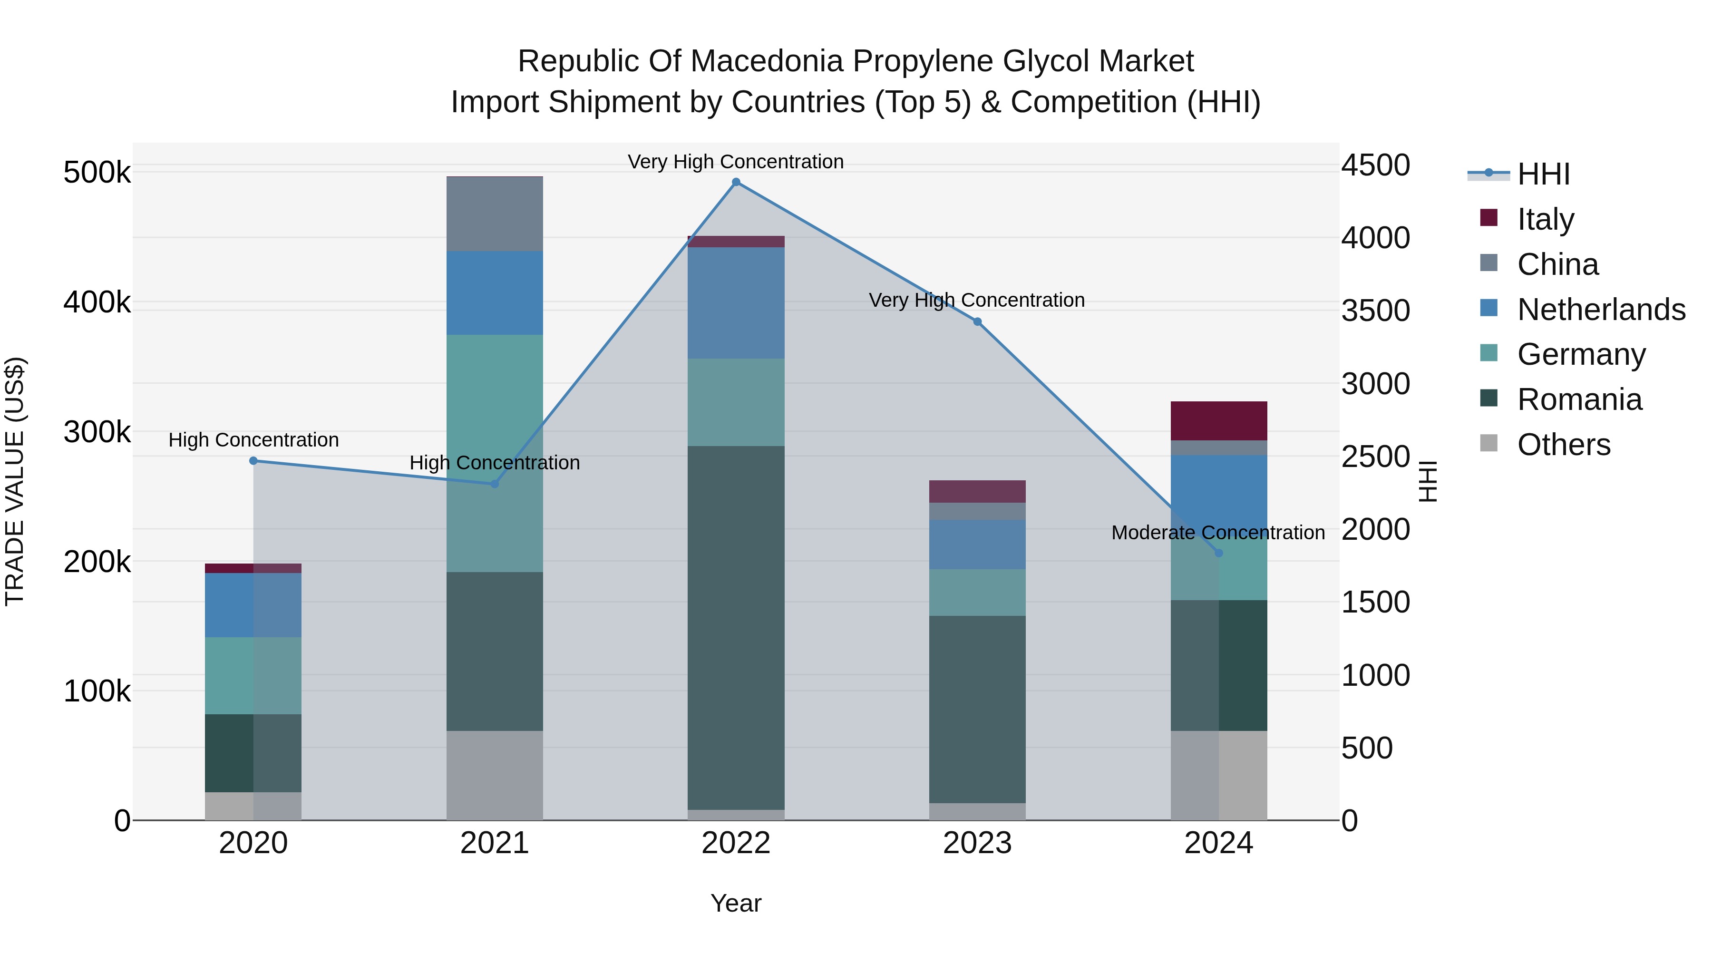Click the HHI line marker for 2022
(x=736, y=182)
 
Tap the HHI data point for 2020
(x=253, y=460)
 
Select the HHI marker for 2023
(x=977, y=321)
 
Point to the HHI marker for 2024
(x=1218, y=553)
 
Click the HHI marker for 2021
(x=495, y=484)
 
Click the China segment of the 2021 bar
(x=495, y=214)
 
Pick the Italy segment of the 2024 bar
(x=1218, y=421)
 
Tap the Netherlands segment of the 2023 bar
(x=977, y=545)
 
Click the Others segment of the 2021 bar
(x=495, y=775)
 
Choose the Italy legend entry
(x=1545, y=219)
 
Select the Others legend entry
(x=1563, y=445)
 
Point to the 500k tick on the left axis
(x=97, y=173)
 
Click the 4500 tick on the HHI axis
(x=1375, y=165)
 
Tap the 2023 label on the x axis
(x=977, y=843)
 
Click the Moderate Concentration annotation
(x=1217, y=532)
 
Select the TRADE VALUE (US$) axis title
(x=15, y=481)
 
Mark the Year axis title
(x=736, y=903)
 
